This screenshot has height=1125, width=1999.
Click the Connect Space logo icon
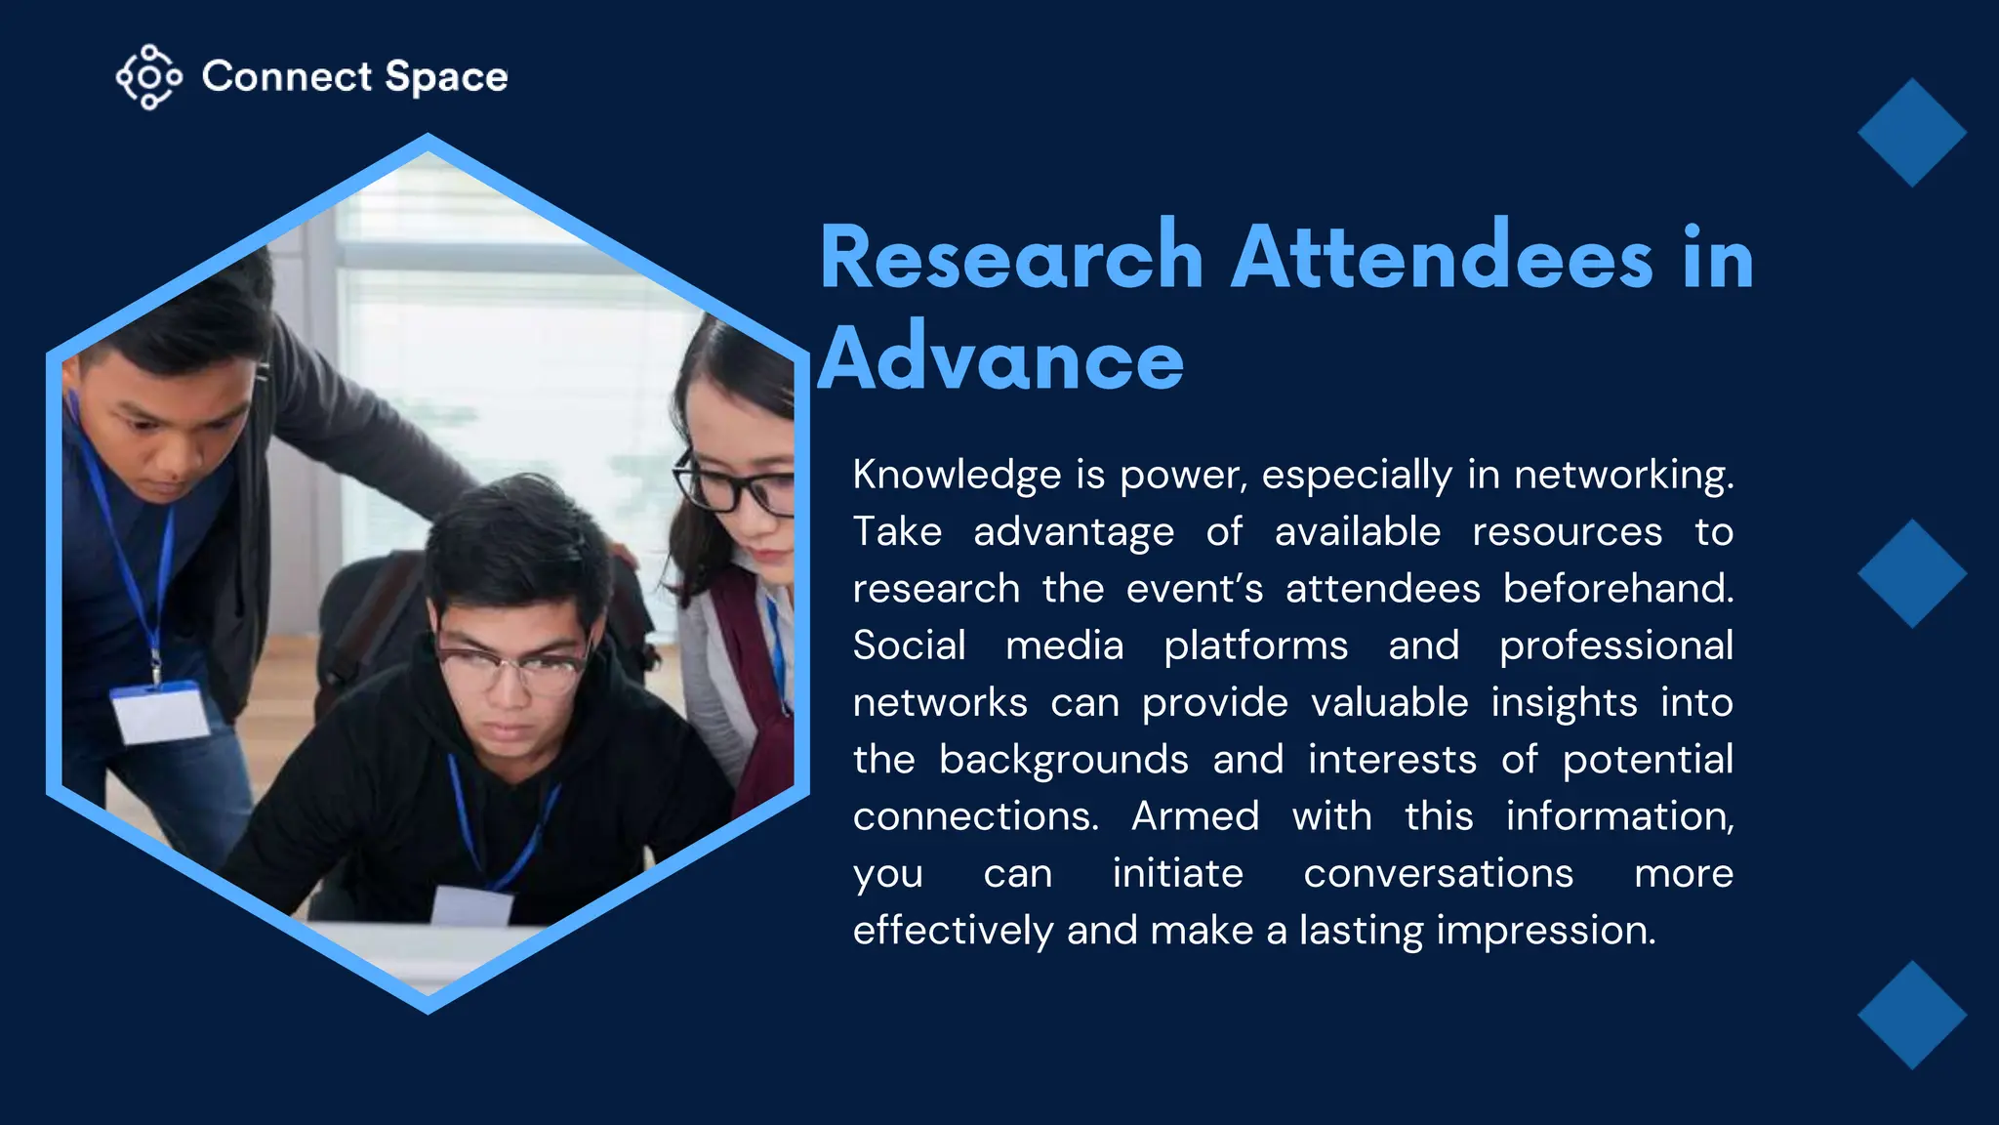148,77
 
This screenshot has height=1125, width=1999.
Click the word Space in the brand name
446,77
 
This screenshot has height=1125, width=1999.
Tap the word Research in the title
1011,258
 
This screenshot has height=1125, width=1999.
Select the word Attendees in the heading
1442,258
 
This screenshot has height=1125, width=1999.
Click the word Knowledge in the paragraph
956,476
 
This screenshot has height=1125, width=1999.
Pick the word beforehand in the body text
1617,589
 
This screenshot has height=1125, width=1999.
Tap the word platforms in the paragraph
1255,646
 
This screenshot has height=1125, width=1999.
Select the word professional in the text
1615,646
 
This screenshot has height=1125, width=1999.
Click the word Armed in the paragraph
1195,816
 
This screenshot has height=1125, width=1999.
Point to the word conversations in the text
1438,874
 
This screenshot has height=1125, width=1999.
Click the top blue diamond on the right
1911,133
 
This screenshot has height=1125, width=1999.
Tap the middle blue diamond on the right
1911,573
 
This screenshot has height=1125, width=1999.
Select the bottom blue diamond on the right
1911,1015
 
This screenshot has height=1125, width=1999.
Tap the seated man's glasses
512,668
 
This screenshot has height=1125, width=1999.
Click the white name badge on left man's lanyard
159,713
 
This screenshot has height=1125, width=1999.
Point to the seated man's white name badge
472,905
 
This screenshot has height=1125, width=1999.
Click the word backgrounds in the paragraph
1063,760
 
